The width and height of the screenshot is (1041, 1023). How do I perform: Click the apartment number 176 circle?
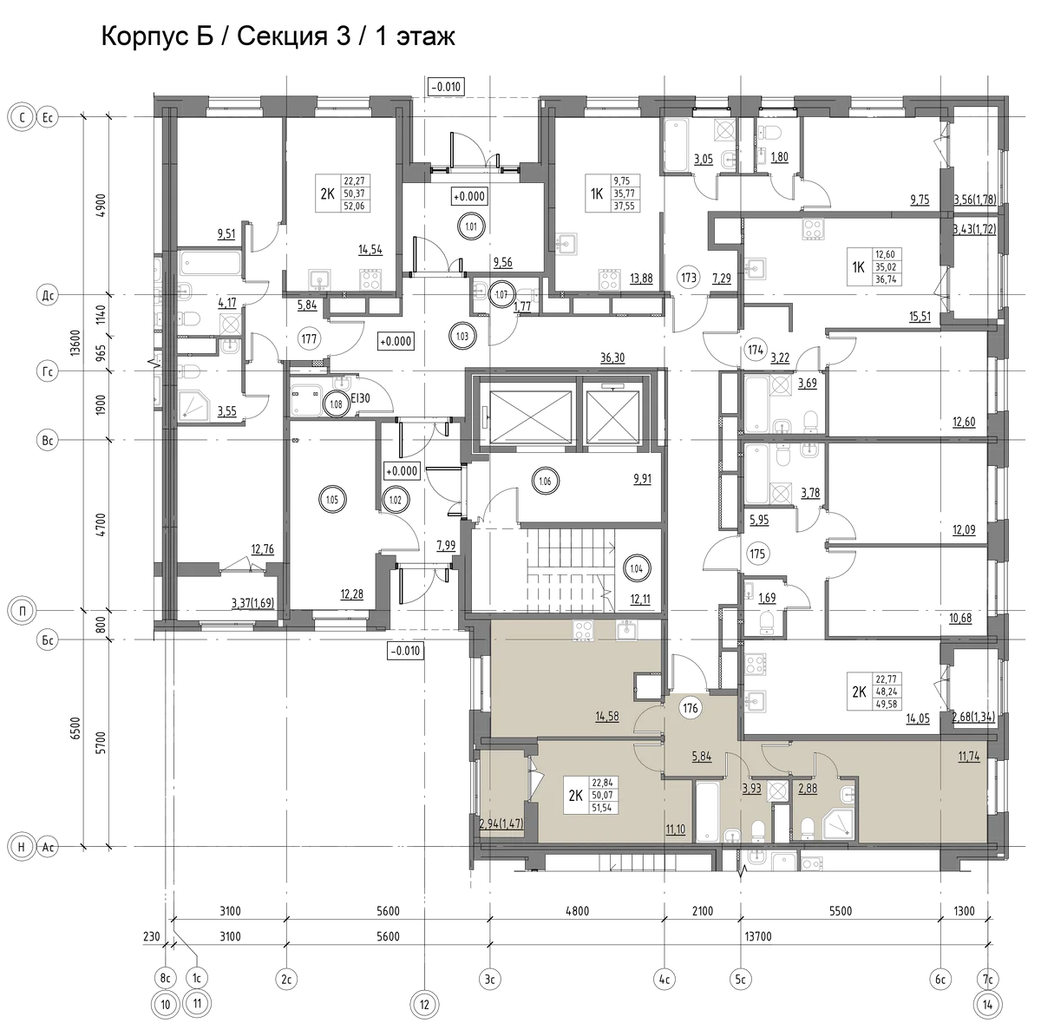pos(690,708)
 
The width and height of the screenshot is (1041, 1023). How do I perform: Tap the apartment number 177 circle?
pos(309,339)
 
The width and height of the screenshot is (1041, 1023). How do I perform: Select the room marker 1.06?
pos(545,481)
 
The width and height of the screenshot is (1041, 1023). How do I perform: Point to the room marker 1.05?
pos(331,500)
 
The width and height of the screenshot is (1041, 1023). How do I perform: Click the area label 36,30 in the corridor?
pos(612,357)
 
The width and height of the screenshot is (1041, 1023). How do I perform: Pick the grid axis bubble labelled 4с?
pos(664,979)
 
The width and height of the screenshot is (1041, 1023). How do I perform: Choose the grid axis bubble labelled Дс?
pos(48,295)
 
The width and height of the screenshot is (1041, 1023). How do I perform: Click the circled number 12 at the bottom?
pos(424,1005)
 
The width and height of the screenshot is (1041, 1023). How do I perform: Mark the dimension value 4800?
pos(577,911)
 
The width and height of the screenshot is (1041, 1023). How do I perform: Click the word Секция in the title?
pos(283,36)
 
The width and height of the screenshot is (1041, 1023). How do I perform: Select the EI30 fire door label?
pos(360,399)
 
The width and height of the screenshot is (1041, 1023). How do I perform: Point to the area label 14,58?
pos(606,717)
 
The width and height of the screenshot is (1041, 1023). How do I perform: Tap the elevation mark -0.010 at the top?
pos(446,87)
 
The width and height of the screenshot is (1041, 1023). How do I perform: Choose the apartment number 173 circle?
pos(688,278)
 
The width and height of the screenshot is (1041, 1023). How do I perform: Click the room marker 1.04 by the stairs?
pos(637,568)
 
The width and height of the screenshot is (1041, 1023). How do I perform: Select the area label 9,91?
pos(642,479)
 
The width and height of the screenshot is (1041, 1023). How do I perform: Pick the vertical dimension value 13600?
pos(75,342)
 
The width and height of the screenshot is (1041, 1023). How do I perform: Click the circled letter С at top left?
pos(23,117)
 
